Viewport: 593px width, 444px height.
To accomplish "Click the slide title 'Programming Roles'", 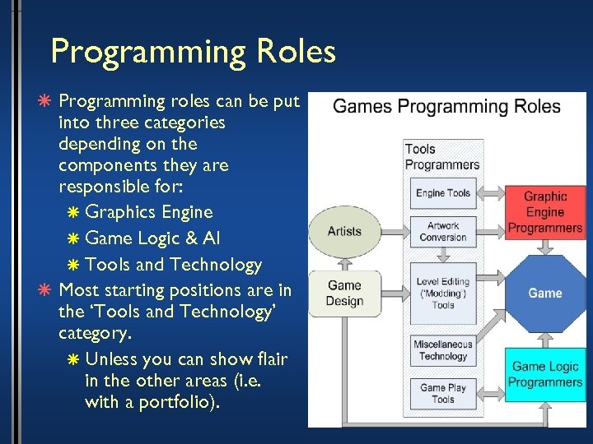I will [193, 51].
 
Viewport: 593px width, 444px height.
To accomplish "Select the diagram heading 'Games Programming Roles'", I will [446, 107].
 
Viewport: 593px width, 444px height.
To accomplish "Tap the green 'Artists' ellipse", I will [344, 231].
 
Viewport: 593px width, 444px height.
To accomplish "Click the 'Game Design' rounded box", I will [344, 294].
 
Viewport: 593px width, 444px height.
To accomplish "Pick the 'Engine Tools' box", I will [443, 193].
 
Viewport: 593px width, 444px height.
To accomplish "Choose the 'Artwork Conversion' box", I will [443, 232].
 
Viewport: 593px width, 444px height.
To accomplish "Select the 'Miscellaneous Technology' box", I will [443, 350].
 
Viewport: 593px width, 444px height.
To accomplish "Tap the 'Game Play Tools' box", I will [443, 393].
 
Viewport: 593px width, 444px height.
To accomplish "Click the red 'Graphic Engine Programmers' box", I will [545, 212].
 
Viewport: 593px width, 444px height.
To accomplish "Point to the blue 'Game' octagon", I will [545, 293].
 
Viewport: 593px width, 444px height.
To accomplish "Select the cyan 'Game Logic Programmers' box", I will [545, 374].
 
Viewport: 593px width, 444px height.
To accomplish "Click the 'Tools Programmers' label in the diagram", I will [441, 156].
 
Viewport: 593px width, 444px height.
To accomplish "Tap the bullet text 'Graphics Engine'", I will [149, 212].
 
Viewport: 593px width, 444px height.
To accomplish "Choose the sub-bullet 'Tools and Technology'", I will [173, 265].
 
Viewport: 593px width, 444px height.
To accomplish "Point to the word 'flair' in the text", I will [267, 360].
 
